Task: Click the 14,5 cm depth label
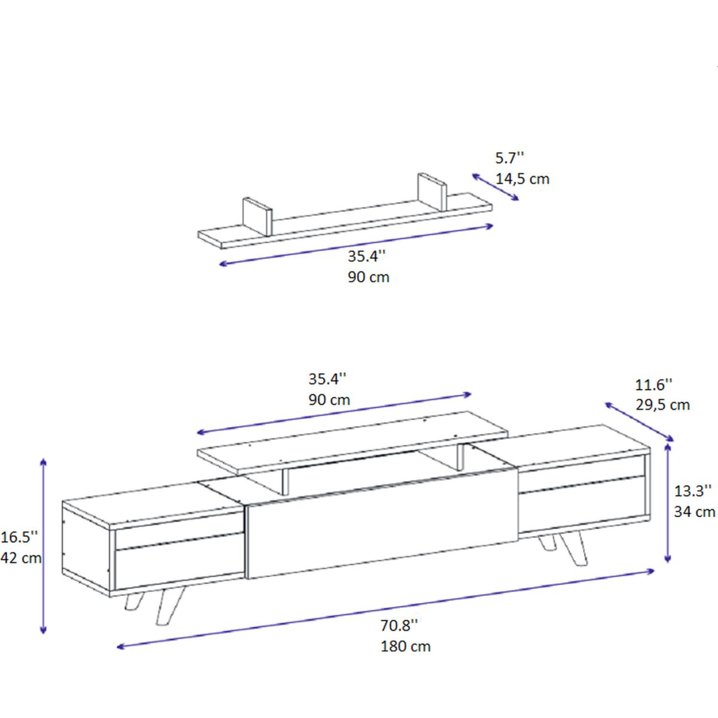[x=522, y=180]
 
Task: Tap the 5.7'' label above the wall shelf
[x=509, y=159]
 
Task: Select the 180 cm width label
[x=406, y=646]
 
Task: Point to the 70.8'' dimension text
[x=399, y=625]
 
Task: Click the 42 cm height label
[x=21, y=558]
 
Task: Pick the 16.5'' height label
[x=19, y=537]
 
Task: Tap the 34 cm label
[x=695, y=512]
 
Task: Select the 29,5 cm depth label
[x=662, y=405]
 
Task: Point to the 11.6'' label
[x=654, y=385]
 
